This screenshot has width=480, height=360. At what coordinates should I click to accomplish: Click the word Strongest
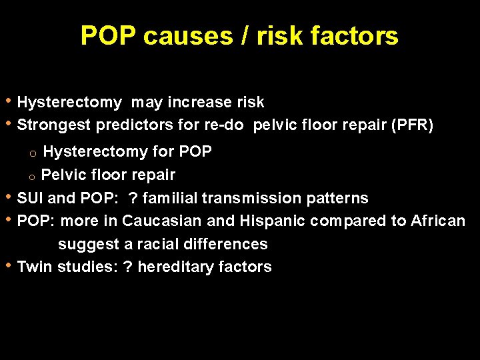pos(54,125)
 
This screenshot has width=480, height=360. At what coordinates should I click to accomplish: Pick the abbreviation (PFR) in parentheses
pos(410,125)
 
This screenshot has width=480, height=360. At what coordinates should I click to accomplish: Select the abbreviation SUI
pos(31,199)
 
